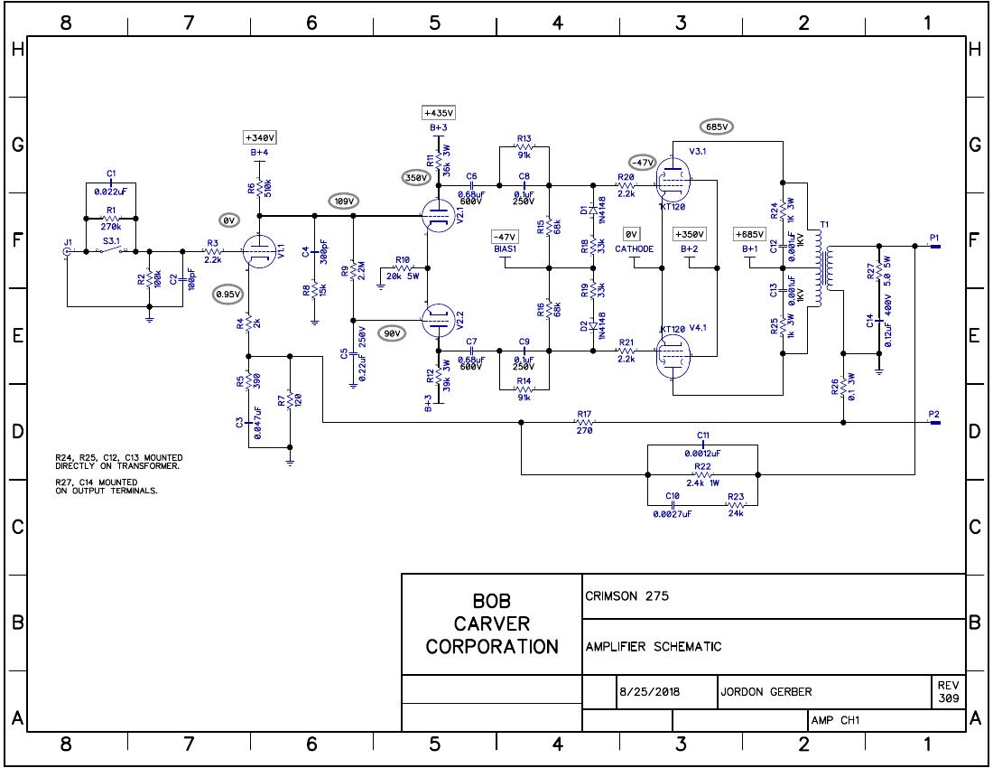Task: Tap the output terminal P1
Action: [x=934, y=245]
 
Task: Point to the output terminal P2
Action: [x=934, y=422]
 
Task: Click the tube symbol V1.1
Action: [x=259, y=252]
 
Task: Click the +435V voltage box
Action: [x=439, y=113]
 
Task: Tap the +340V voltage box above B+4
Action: [x=259, y=137]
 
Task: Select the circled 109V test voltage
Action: [x=344, y=201]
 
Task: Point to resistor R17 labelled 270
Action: [x=584, y=421]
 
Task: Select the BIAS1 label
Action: [x=504, y=248]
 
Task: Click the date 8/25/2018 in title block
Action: [x=650, y=692]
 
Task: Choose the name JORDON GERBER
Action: [x=766, y=692]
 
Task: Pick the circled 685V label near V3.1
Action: [x=717, y=126]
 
